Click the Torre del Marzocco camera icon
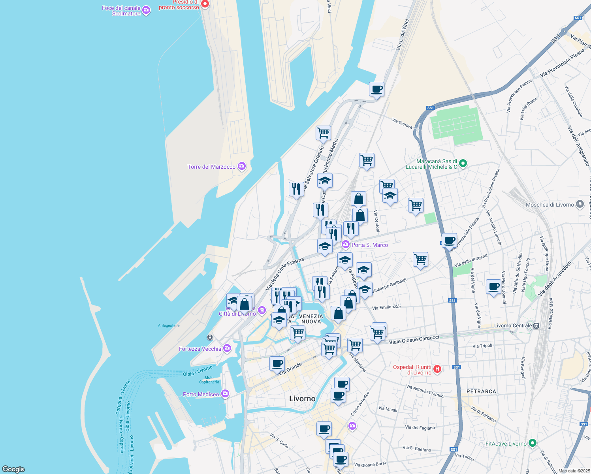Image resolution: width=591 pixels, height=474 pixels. point(242,167)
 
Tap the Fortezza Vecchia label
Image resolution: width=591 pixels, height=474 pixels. point(200,349)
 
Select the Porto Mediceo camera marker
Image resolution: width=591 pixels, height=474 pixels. point(225,394)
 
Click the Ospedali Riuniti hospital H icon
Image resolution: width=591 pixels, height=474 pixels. point(437,369)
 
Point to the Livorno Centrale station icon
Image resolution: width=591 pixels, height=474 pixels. point(536,326)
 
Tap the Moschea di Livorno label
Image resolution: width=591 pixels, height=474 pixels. point(550,205)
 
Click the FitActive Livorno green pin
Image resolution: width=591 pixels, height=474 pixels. point(533,443)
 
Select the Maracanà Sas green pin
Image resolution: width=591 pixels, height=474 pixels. point(463,163)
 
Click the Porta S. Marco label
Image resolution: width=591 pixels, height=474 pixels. point(370,245)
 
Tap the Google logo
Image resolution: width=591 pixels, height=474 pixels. point(13,469)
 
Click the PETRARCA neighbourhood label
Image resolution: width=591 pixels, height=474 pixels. point(481,391)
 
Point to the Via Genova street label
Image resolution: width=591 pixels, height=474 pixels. point(402,124)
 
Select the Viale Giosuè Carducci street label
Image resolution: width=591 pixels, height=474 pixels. point(414,340)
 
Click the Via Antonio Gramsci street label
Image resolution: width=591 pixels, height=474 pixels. point(425,391)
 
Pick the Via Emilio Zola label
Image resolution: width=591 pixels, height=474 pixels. point(386,307)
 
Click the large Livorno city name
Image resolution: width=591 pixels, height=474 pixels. point(302,399)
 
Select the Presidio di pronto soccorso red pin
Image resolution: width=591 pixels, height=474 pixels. point(205,4)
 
